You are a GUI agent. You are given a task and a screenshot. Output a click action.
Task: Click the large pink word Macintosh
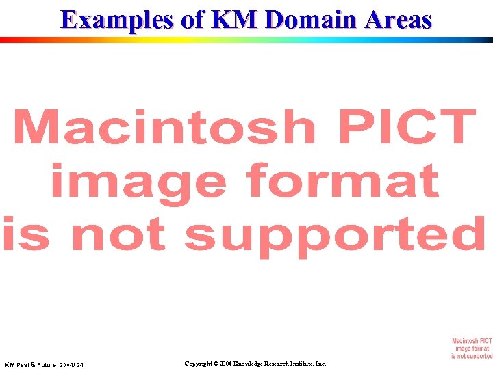pos(164,128)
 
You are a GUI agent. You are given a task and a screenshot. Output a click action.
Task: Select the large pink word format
pos(342,181)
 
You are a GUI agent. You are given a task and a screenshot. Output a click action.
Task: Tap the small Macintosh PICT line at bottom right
pos(472,340)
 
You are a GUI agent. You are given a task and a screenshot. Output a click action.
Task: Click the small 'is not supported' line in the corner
pos(472,355)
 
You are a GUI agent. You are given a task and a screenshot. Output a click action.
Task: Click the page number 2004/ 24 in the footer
pos(71,365)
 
